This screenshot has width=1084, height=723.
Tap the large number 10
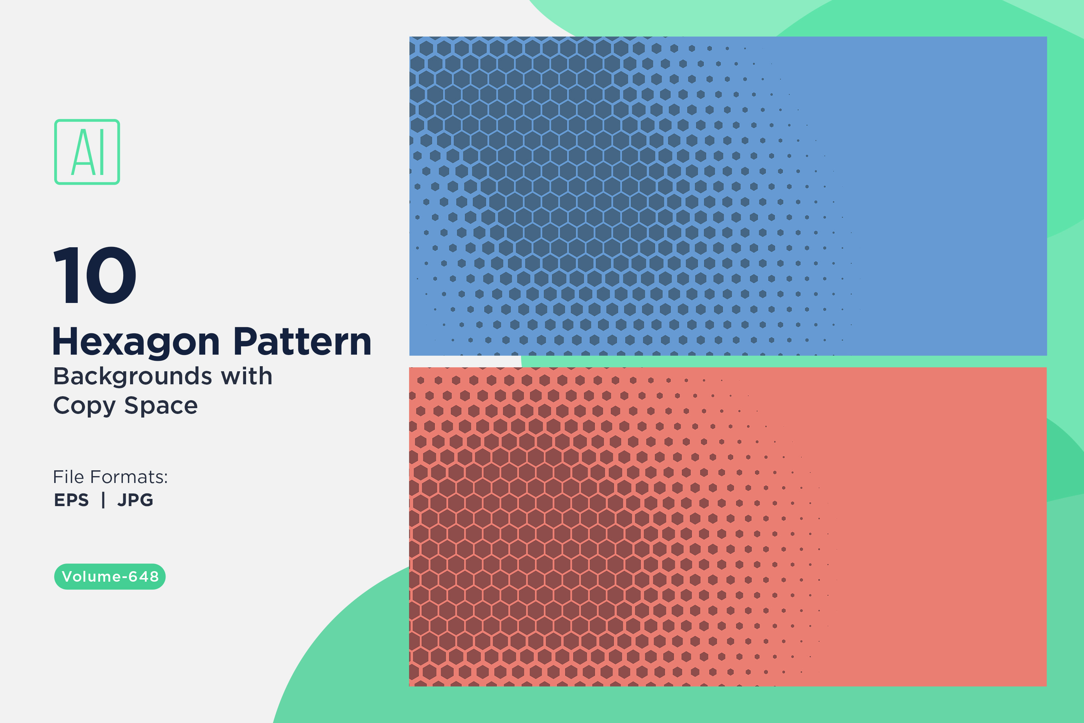click(95, 275)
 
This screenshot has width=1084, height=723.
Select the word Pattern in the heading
click(302, 342)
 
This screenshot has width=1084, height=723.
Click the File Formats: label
click(110, 477)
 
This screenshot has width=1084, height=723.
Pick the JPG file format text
click(135, 500)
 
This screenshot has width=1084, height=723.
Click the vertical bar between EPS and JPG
click(103, 500)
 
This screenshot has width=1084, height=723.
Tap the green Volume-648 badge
click(110, 576)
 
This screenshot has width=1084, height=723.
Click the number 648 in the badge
click(143, 576)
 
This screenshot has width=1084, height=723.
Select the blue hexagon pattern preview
click(728, 196)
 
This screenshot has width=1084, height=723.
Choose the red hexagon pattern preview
click(728, 527)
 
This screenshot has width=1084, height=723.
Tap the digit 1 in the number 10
click(69, 275)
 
